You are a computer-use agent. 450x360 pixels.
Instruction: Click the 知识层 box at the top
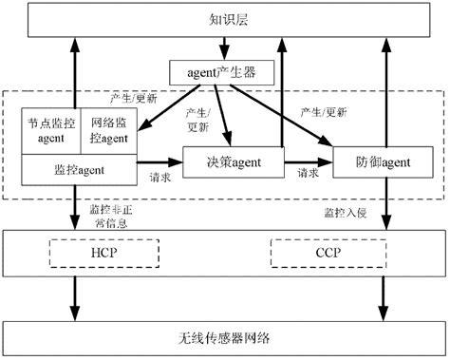point(224,20)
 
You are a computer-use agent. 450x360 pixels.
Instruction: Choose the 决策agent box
point(234,162)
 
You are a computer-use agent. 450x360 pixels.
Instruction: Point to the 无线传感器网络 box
point(224,338)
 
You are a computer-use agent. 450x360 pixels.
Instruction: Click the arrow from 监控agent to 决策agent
point(161,162)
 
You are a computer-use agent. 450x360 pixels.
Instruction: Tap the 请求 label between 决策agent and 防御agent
point(309,175)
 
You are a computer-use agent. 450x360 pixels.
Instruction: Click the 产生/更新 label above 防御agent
point(326,112)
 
